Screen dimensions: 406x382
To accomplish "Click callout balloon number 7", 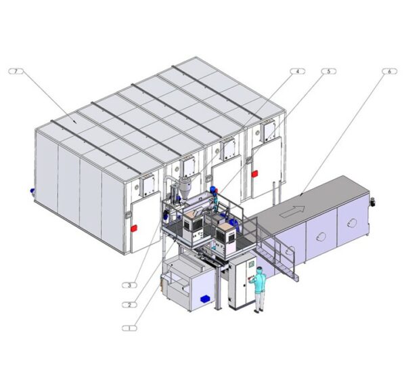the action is [x=16, y=71].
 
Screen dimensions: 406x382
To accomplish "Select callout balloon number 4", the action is [x=297, y=71].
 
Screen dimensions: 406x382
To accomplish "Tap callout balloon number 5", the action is [x=329, y=71].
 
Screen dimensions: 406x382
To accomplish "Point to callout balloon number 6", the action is [x=390, y=71].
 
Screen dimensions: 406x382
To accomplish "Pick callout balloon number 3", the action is [x=129, y=285].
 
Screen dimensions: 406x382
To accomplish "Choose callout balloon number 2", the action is [x=129, y=305].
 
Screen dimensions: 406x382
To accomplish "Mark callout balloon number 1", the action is [x=129, y=328].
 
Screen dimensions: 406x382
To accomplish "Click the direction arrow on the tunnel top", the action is [x=292, y=211].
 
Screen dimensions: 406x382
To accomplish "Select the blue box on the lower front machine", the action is [x=206, y=299].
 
